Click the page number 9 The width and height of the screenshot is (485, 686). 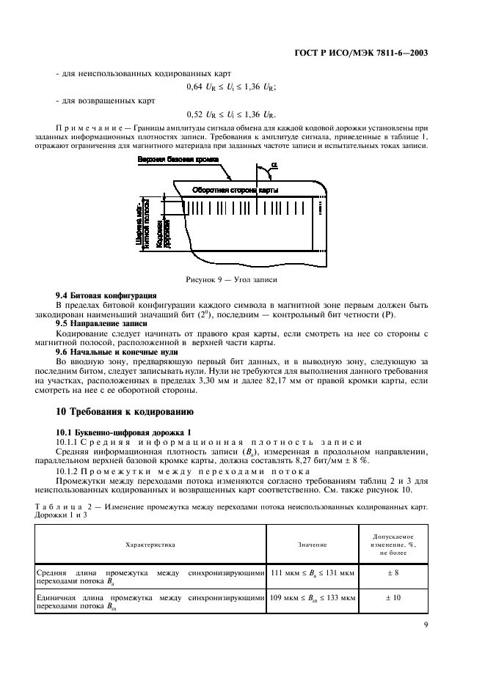click(x=426, y=624)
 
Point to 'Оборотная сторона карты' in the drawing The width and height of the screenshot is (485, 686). click(x=233, y=190)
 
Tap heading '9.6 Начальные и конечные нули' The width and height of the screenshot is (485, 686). click(x=106, y=352)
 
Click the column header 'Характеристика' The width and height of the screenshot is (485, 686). click(x=150, y=545)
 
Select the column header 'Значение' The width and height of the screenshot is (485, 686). click(x=313, y=545)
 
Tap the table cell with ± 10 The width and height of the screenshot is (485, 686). click(x=393, y=598)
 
